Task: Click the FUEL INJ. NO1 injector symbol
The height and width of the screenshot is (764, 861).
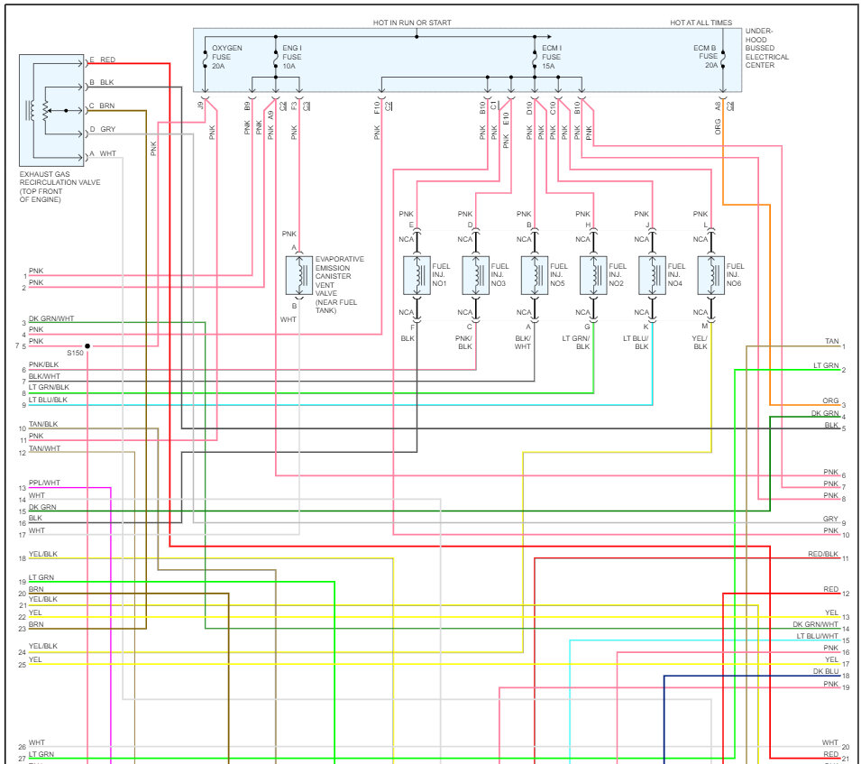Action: [417, 274]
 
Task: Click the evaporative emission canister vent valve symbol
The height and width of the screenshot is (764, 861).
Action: [298, 275]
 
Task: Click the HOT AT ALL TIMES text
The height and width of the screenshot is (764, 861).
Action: [701, 23]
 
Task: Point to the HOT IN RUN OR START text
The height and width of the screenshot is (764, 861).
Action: [412, 23]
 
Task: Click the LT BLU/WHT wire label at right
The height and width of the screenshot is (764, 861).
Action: [817, 636]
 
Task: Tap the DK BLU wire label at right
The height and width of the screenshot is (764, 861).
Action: [825, 671]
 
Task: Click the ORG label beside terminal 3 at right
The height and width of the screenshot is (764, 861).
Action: [830, 400]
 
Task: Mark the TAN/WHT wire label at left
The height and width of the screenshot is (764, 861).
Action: [44, 448]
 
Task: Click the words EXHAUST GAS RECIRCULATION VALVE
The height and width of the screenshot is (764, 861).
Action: [60, 182]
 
